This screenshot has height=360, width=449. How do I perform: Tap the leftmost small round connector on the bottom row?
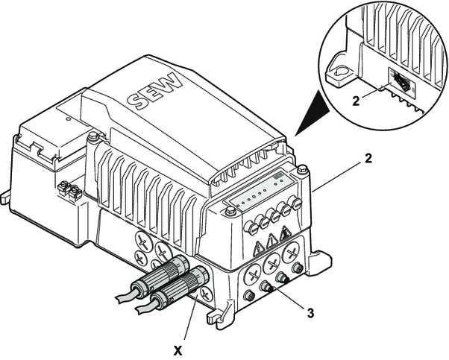click(x=249, y=297)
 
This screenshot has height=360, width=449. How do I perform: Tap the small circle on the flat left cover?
click(x=67, y=117)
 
